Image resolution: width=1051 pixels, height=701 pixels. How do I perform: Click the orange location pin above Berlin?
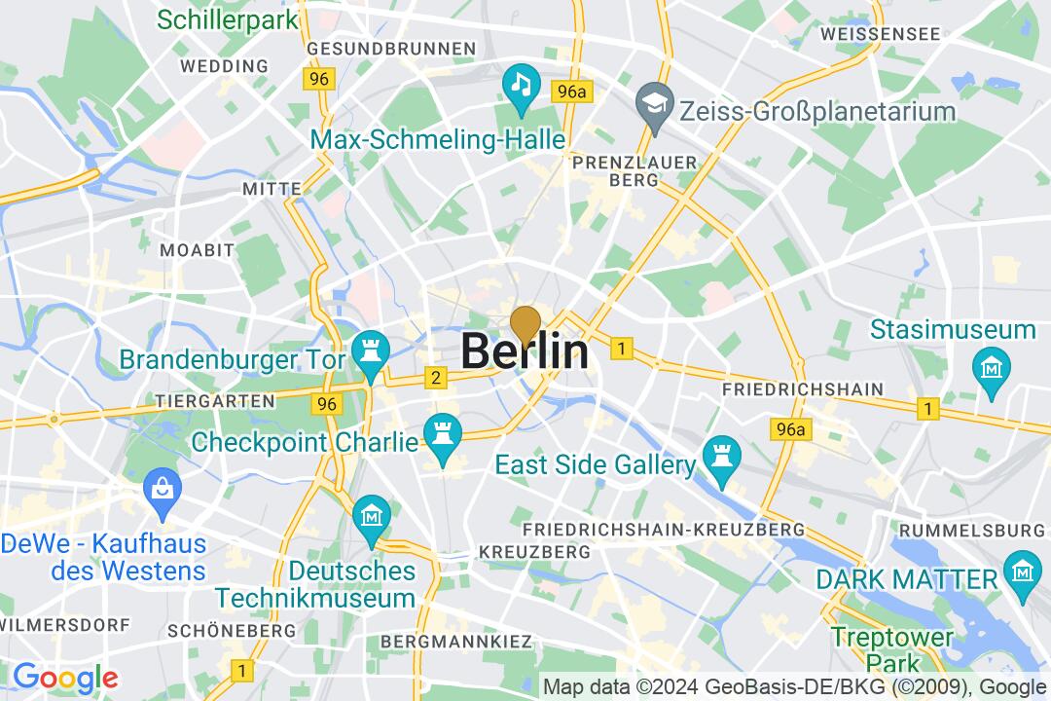pos(525,324)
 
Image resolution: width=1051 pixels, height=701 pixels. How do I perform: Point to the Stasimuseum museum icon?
pos(992,368)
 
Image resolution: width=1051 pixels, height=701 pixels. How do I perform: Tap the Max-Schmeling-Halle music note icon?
pos(522,83)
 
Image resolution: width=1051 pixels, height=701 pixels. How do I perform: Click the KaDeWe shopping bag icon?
pos(160,486)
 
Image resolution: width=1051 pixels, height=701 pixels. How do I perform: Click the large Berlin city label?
pos(525,351)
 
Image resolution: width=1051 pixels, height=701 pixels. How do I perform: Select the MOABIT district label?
pos(198,250)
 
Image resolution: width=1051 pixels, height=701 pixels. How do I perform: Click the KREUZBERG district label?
pos(535,551)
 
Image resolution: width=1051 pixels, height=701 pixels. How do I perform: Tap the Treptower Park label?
pos(879,650)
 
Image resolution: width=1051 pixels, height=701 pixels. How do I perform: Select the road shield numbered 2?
pos(436,378)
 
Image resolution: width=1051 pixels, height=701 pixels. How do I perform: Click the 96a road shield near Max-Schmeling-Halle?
pos(570,92)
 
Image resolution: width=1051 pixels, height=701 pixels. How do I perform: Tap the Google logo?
pos(65,677)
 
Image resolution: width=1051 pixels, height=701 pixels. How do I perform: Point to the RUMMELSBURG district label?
pos(972,530)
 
